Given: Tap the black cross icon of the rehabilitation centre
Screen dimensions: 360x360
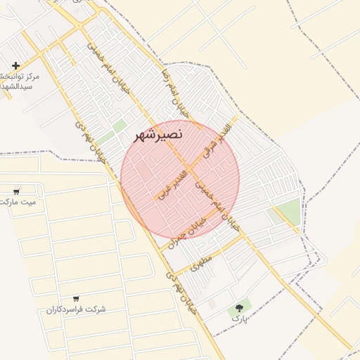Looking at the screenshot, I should pyautogui.click(x=15, y=65).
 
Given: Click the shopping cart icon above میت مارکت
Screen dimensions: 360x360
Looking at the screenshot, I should pyautogui.click(x=16, y=191).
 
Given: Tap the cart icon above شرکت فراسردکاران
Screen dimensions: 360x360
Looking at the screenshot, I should pyautogui.click(x=76, y=299).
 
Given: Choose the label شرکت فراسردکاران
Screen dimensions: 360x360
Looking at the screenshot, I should pyautogui.click(x=76, y=309).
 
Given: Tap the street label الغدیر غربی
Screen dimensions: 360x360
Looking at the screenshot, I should pyautogui.click(x=173, y=183).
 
